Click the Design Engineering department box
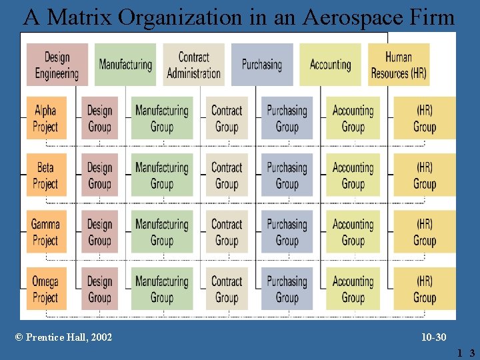(57, 65)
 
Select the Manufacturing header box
(125, 65)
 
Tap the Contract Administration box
(193, 65)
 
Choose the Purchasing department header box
(262, 65)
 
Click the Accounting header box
(330, 65)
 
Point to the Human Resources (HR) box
(399, 65)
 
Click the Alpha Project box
(46, 118)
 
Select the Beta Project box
(46, 175)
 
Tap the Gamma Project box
(46, 232)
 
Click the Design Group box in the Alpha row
(99, 118)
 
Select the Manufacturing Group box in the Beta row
(162, 175)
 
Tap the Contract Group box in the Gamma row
(227, 232)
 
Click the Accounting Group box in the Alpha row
(353, 118)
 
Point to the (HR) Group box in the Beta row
(424, 175)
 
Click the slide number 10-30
(434, 337)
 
